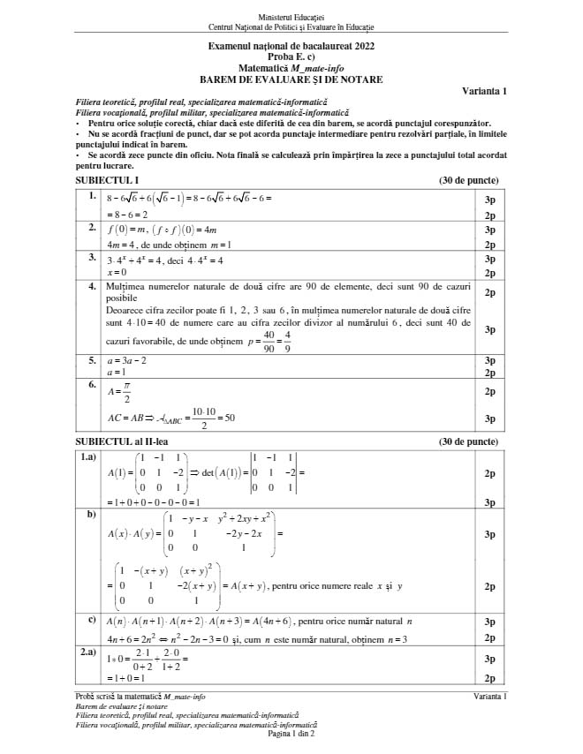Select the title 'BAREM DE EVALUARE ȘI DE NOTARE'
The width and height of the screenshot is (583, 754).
291,79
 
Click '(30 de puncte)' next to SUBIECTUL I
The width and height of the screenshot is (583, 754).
468,180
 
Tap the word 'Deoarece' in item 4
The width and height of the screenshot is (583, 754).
124,311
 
